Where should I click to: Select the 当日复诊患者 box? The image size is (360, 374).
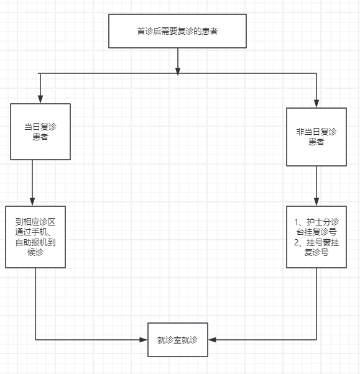(40, 132)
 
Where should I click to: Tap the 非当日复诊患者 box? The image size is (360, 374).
(316, 137)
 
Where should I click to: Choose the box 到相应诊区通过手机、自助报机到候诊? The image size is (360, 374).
(35, 237)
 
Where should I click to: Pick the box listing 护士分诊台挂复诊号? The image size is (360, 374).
(316, 237)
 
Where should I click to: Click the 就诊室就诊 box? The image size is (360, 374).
(178, 340)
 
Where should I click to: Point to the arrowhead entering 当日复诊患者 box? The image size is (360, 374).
(40, 99)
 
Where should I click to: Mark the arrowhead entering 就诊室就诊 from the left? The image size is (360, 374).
(143, 340)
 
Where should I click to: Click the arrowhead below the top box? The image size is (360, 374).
(178, 70)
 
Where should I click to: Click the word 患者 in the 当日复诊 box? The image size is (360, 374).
(40, 137)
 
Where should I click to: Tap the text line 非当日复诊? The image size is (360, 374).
(316, 132)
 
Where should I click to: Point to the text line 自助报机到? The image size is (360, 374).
(35, 242)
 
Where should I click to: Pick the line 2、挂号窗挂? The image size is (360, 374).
(316, 242)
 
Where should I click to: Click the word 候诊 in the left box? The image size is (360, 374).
(35, 253)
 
